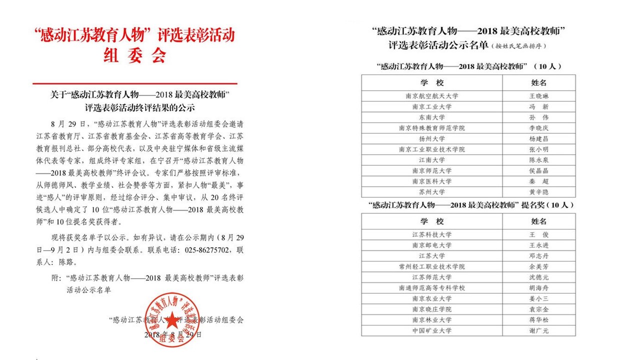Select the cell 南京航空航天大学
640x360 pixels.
[x=432, y=96]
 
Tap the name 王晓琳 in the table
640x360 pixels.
[x=538, y=96]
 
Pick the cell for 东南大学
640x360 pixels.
[x=432, y=117]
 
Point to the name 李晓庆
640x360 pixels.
[x=538, y=128]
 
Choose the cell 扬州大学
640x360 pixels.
[x=432, y=138]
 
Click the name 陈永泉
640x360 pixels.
[x=538, y=160]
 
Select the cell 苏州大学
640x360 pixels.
[x=432, y=192]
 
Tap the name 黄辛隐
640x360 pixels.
[x=538, y=192]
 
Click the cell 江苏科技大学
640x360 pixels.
[x=432, y=234]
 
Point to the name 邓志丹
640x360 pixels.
[x=538, y=256]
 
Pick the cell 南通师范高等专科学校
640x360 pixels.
[x=432, y=288]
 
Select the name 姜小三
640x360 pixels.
[x=538, y=298]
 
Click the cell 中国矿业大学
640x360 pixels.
[x=432, y=330]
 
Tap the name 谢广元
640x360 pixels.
[x=538, y=330]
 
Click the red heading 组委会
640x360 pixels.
[x=134, y=55]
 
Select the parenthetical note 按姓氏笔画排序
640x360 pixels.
[x=517, y=46]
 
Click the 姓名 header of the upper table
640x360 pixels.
[x=538, y=82]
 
